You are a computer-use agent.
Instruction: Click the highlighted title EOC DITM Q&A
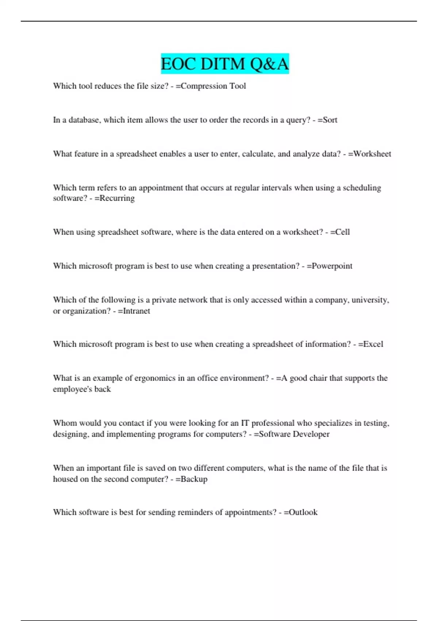(224, 64)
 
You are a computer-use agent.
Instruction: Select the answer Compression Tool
(214, 86)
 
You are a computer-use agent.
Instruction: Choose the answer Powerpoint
(332, 266)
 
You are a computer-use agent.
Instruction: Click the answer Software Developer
(294, 434)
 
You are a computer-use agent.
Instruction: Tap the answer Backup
(194, 479)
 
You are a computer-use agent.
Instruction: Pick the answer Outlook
(303, 512)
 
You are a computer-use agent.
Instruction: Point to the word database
(84, 120)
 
